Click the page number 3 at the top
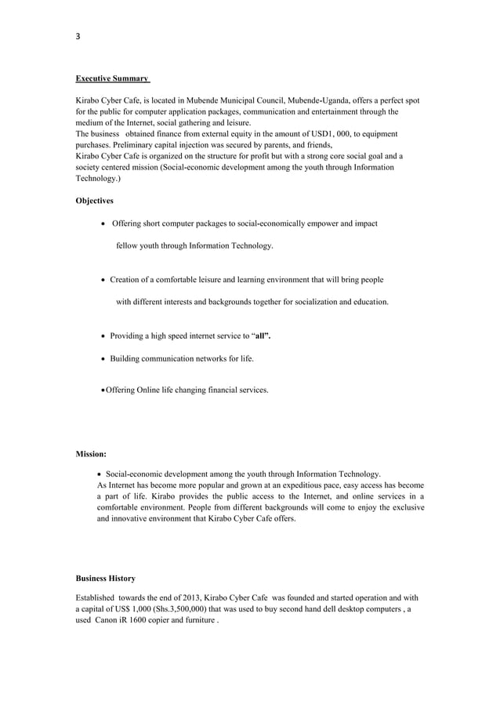[78, 36]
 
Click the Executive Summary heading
[113, 79]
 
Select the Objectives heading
[94, 201]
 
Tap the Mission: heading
[91, 454]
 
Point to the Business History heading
[105, 579]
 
